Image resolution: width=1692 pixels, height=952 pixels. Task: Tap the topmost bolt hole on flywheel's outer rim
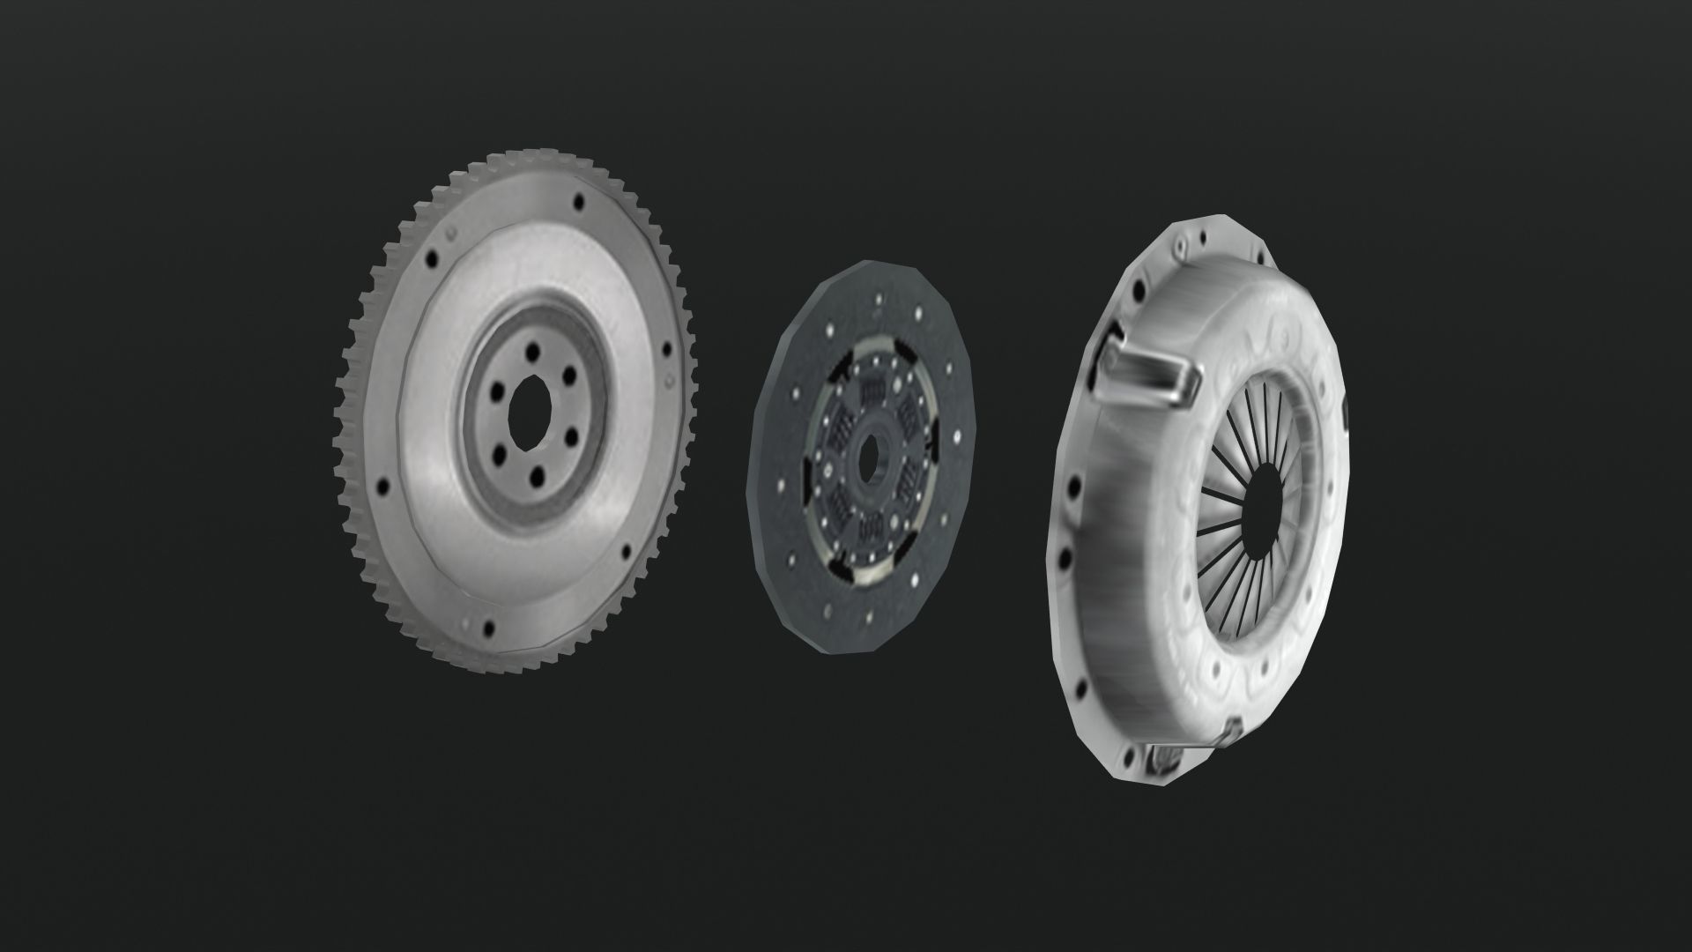[x=579, y=202]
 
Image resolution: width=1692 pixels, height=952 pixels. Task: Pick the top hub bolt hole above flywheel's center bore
[x=537, y=350]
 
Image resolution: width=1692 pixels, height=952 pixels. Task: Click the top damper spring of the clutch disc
[x=874, y=387]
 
